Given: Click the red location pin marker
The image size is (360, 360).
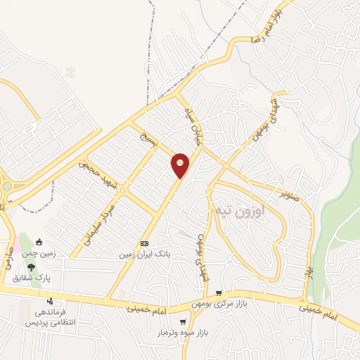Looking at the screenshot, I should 181,165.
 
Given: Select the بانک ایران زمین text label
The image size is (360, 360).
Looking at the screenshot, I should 145,252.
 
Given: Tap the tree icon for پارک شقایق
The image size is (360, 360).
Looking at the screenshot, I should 31,266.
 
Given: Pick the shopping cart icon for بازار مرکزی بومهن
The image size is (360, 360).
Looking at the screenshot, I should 219,293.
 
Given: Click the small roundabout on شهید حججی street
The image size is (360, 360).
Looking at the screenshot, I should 122,190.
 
